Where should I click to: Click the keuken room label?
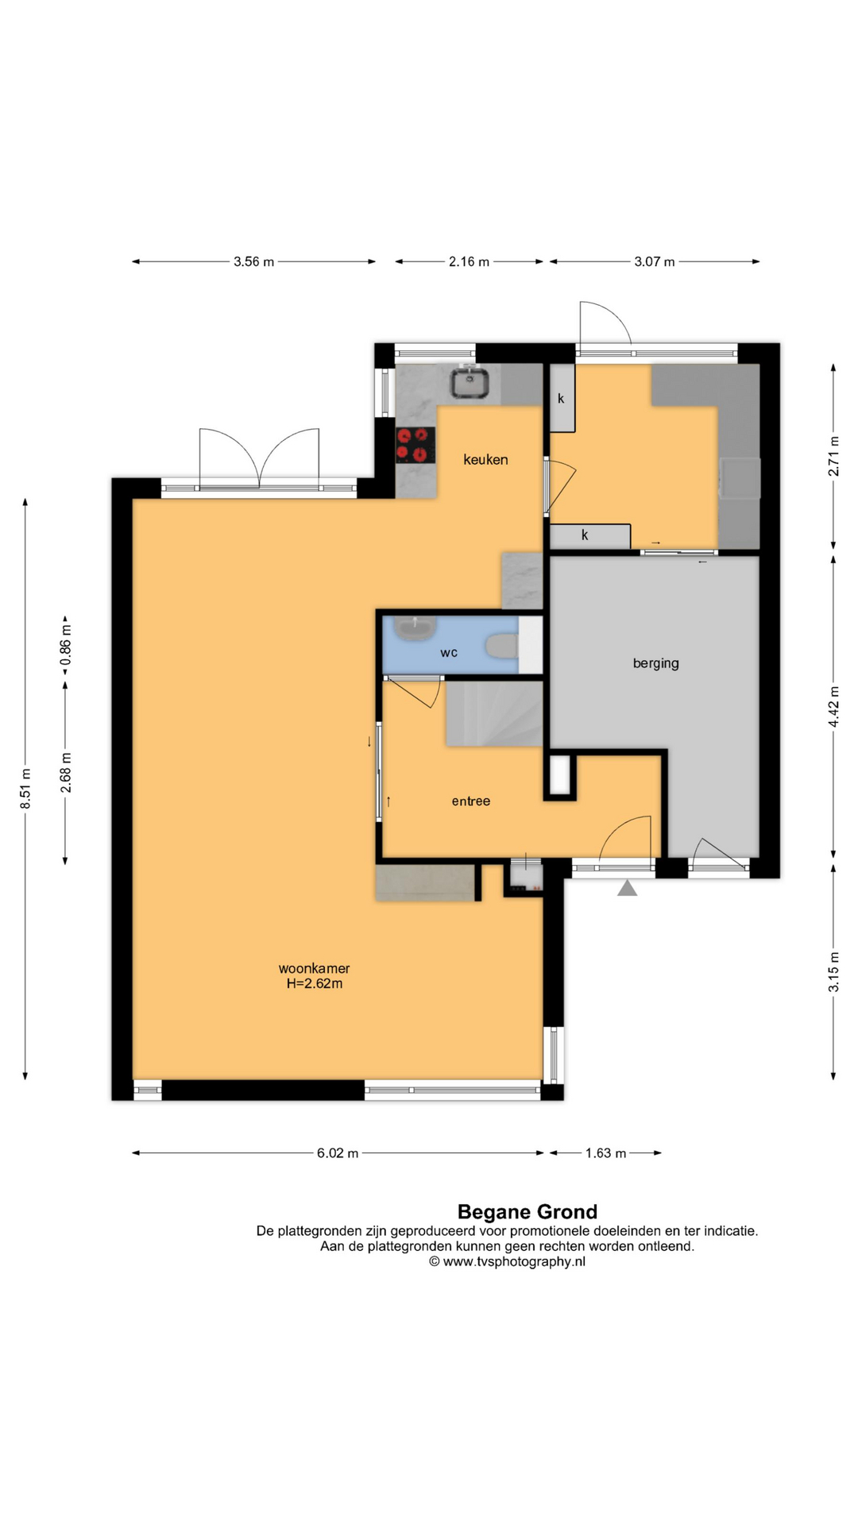click(485, 460)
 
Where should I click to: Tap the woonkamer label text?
click(314, 968)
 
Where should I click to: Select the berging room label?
click(656, 663)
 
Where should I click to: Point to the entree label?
click(471, 801)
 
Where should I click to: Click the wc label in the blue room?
click(449, 653)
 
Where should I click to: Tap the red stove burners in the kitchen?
click(415, 445)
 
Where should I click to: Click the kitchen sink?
click(470, 382)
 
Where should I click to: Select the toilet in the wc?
click(501, 646)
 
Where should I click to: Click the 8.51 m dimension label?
click(25, 789)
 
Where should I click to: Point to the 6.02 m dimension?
click(338, 1152)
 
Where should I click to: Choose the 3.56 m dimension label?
click(253, 261)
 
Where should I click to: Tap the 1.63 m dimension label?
click(606, 1152)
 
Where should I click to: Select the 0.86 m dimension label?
click(66, 647)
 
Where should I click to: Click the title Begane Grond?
click(528, 1212)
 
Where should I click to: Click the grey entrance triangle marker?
click(628, 888)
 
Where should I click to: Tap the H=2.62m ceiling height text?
click(315, 983)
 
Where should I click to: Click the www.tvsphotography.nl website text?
click(514, 1261)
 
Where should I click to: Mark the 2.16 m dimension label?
click(469, 261)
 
